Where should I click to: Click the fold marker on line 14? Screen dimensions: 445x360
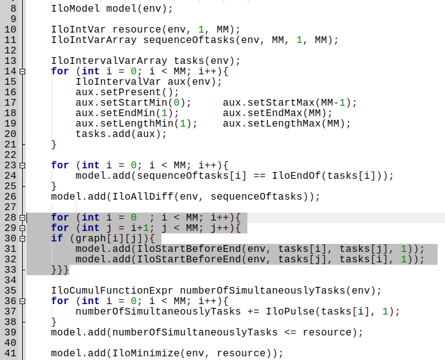coord(23,71)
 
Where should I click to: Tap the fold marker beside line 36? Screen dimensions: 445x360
coord(23,301)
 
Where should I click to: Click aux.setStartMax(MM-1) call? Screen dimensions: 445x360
coord(290,103)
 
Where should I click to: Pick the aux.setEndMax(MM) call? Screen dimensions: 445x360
coord(277,113)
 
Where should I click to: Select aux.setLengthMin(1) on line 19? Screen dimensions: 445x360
coord(136,123)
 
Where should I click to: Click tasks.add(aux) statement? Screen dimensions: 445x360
coord(121,134)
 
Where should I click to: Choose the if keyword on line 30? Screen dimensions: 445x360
coord(57,238)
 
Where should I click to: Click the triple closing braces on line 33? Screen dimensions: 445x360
coord(60,270)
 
